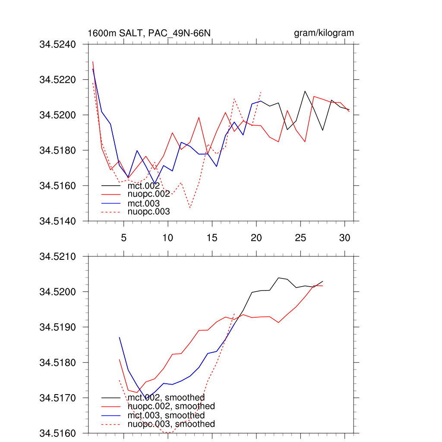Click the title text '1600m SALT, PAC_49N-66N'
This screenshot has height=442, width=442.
pos(149,33)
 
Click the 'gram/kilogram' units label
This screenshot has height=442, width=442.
pos(324,33)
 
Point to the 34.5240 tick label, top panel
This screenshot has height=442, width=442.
pos(57,44)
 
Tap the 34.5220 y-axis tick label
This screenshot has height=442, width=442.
pos(57,80)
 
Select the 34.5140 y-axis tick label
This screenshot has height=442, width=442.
pos(57,221)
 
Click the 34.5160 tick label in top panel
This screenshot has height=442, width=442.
pos(57,186)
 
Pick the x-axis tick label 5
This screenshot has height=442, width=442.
pos(123,237)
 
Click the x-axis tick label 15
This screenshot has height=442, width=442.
pos(212,237)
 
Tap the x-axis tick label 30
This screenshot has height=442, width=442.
pos(344,237)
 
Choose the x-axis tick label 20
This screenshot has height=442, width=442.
pos(256,237)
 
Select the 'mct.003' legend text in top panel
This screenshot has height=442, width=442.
pos(144,203)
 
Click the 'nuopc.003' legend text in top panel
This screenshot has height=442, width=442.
pos(149,212)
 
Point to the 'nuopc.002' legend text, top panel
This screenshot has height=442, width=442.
pos(149,195)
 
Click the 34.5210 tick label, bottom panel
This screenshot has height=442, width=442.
pos(57,257)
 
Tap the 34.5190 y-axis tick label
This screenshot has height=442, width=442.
pos(57,327)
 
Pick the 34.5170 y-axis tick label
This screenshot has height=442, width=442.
pos(57,398)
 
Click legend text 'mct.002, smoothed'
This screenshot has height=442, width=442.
pos(166,398)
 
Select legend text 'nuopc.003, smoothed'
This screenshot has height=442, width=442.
pos(171,424)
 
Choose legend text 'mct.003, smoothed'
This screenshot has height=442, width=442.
pos(166,415)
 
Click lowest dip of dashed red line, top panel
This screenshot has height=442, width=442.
pos(190,208)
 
